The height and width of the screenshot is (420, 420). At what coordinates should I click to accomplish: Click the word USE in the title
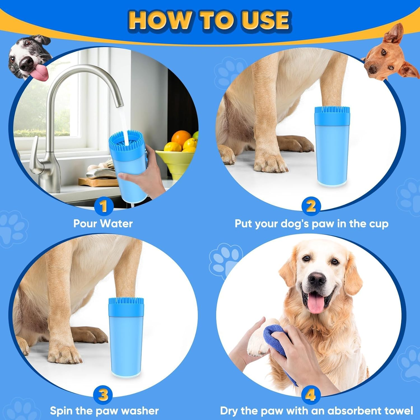pos(265,20)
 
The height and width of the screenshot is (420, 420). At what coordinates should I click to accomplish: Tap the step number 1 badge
pos(104,206)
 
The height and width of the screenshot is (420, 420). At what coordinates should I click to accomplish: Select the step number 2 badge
pos(311,206)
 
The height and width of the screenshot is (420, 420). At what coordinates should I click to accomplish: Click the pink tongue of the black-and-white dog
pos(39,72)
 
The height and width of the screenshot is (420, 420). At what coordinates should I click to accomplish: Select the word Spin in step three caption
pos(62,411)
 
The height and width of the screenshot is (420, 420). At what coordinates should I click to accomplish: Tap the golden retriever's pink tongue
pos(316,304)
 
